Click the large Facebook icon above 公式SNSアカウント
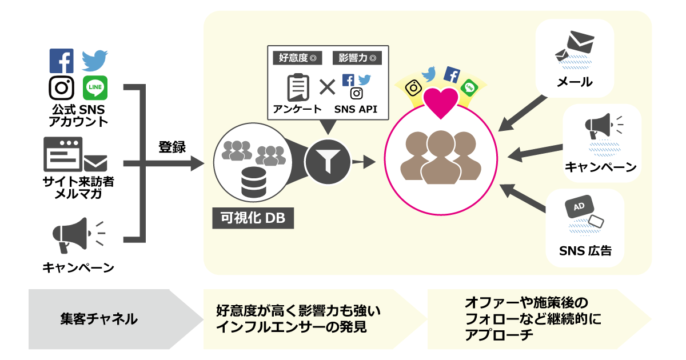click(61, 61)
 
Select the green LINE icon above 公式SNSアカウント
click(95, 88)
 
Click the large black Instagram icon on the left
click(61, 88)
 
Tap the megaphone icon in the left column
click(71, 234)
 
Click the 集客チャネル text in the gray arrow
click(99, 319)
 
